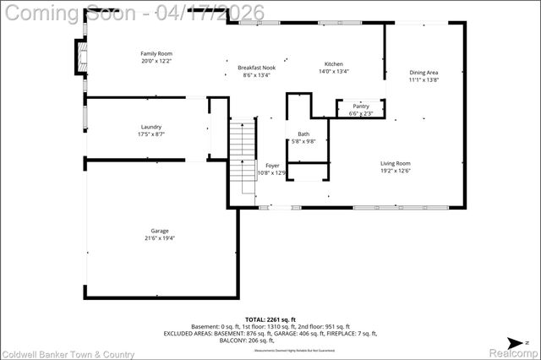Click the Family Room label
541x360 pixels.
156,53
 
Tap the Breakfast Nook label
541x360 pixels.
256,68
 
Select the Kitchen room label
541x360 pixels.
334,64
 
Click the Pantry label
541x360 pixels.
361,106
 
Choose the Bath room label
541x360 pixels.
303,134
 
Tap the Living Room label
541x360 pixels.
395,163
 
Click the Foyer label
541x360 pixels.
272,166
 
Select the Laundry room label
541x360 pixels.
151,127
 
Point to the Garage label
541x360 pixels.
160,231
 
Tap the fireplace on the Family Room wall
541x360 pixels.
82,57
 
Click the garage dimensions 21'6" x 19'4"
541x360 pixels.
160,238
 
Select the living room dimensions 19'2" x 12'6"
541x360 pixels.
395,171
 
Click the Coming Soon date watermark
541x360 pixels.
133,12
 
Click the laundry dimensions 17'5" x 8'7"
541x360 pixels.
151,134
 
